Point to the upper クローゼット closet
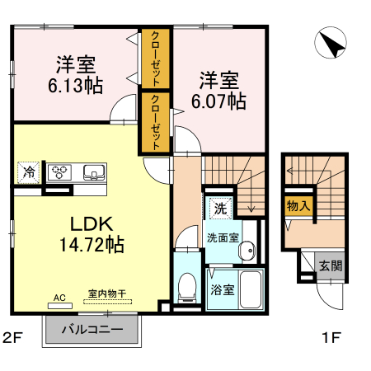pos(154,59)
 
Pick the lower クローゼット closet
pos(154,122)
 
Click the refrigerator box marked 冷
pos(29,172)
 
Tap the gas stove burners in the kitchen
pos(60,172)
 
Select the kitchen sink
pos(92,172)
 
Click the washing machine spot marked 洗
pos(219,208)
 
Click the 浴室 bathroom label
pos(221,290)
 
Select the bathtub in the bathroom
pos(249,289)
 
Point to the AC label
pos(59,297)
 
